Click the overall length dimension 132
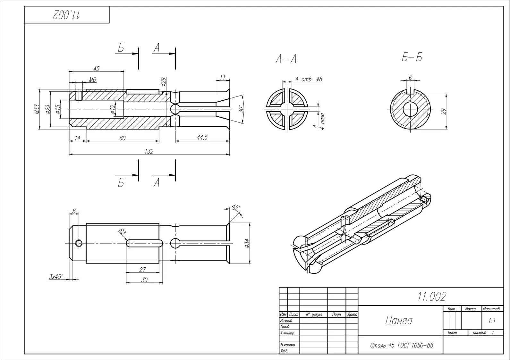(149, 151)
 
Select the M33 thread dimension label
(38, 109)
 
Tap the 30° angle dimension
(242, 109)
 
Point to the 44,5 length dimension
(202, 138)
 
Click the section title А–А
(286, 59)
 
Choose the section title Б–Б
(412, 57)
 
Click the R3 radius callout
(122, 232)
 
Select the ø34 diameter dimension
(247, 243)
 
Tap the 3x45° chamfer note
(55, 277)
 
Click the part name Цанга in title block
(399, 320)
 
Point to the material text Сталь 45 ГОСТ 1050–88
(402, 346)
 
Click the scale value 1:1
(492, 321)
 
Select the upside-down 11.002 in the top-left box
(66, 15)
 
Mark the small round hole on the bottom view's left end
(79, 243)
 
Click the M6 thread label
(92, 80)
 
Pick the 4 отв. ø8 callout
(309, 79)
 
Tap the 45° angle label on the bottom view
(236, 207)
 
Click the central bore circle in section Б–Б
(410, 109)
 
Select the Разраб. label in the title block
(286, 321)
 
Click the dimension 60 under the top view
(122, 138)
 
